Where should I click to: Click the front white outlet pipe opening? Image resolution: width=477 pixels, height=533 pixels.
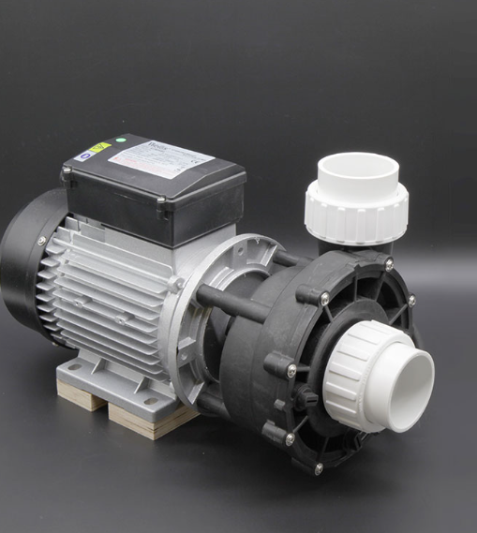click(x=411, y=376)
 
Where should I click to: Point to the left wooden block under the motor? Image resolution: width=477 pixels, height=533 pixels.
click(x=81, y=397)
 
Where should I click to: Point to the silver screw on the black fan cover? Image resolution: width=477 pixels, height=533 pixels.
click(x=42, y=241)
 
